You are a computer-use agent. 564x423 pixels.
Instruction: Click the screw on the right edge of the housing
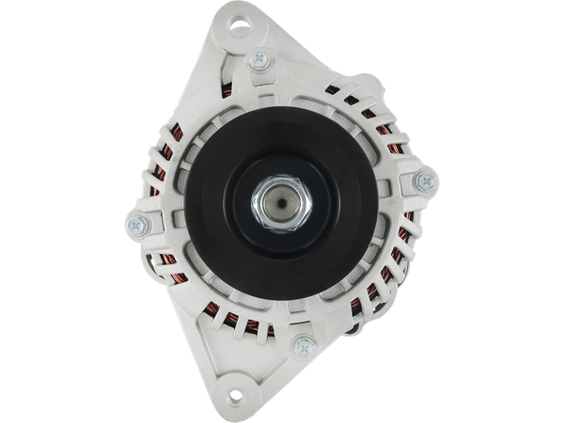coord(422,180)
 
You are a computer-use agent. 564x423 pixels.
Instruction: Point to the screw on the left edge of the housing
coord(136,225)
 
